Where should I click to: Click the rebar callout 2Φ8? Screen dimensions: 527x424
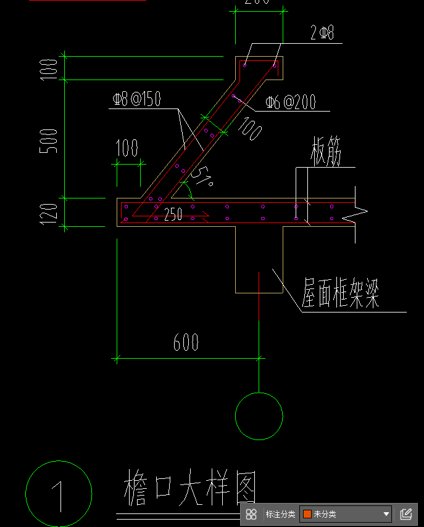pos(322,33)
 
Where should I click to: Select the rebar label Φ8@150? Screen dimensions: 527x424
pos(136,99)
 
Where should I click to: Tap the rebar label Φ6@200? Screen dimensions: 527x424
pos(290,102)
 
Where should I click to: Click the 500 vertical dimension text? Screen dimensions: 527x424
pos(52,141)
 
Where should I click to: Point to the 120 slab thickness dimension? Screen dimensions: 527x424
pos(52,212)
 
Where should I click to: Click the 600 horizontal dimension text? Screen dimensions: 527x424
pos(186,342)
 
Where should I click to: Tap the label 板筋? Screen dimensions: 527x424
pos(325,155)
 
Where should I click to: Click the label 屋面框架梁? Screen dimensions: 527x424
pos(340,295)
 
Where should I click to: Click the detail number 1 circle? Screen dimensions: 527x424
pos(59,494)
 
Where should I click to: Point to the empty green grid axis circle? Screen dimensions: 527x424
pos(259,416)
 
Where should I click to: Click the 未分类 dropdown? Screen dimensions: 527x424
pos(346,514)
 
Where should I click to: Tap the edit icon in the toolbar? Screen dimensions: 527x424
pos(405,514)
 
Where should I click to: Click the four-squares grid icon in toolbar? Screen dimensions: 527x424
pos(251,514)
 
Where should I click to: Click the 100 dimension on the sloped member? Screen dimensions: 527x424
pos(248,129)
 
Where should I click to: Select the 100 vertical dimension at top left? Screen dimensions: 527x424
pos(52,68)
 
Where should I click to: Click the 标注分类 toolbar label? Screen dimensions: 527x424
pos(280,514)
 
